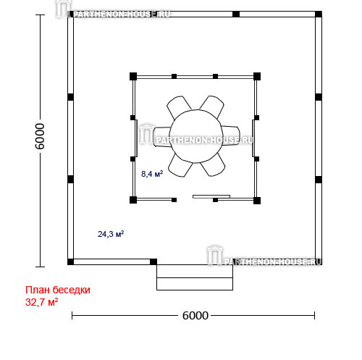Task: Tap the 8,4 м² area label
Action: pos(152,174)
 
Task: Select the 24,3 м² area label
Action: pos(111,234)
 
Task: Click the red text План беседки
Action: pos(58,290)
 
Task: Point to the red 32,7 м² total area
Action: pos(41,302)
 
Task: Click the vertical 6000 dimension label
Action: pos(40,136)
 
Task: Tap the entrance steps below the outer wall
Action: pos(195,277)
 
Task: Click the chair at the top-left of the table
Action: pos(179,107)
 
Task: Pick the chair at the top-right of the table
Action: pos(212,106)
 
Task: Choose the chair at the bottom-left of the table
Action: pos(180,165)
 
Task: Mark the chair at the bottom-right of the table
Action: pos(213,165)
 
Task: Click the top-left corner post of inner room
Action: pos(133,76)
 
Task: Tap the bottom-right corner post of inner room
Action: pos(257,200)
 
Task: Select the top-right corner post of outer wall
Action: pos(319,14)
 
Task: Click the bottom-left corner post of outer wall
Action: pos(70,261)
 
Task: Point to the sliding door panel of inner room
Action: pos(211,196)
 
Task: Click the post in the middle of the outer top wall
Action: pos(236,14)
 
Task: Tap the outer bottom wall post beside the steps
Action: pos(153,261)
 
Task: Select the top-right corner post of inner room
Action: pos(257,76)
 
